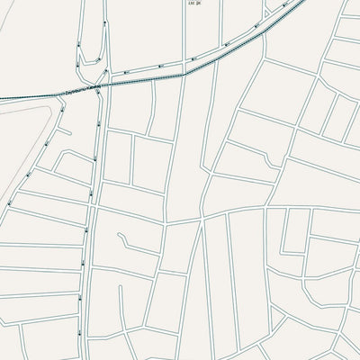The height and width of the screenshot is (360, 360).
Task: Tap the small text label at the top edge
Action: click(x=193, y=4)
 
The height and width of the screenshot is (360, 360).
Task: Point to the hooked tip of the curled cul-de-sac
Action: click(x=120, y=237)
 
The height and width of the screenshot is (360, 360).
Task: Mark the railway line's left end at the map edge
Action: click(x=2, y=97)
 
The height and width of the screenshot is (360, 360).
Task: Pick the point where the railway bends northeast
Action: click(x=184, y=75)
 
